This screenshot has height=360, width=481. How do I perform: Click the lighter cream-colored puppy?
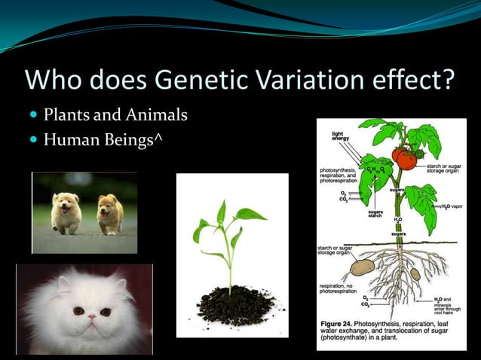click(67, 212)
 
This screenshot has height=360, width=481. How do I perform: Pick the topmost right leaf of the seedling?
click(248, 214)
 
